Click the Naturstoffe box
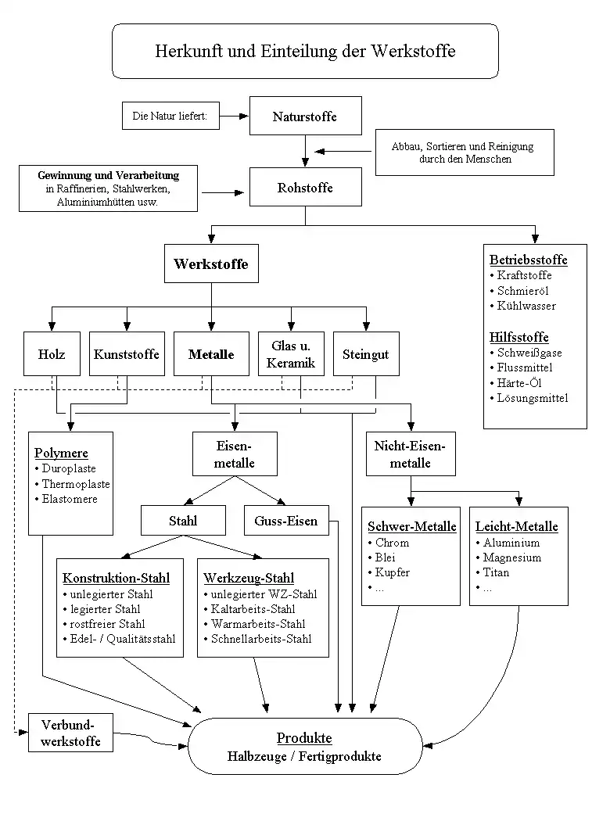pos(305,116)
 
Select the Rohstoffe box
pos(305,187)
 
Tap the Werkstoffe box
pos(211,264)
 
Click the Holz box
pos(52,353)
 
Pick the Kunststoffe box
pos(127,353)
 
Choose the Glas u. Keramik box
pos(291,353)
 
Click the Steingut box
pos(366,353)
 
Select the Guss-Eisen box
pos(286,521)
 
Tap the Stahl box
pos(183,521)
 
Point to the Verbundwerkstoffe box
pos(70,733)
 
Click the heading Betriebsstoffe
pos(529,260)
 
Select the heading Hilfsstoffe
pos(519,337)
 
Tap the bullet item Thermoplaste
pos(72,484)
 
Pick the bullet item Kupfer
pos(389,572)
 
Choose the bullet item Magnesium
pos(508,557)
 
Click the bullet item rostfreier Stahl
pos(104,624)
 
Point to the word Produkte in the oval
pos(304,738)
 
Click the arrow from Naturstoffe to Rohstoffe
pos(305,151)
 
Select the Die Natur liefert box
pos(170,116)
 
